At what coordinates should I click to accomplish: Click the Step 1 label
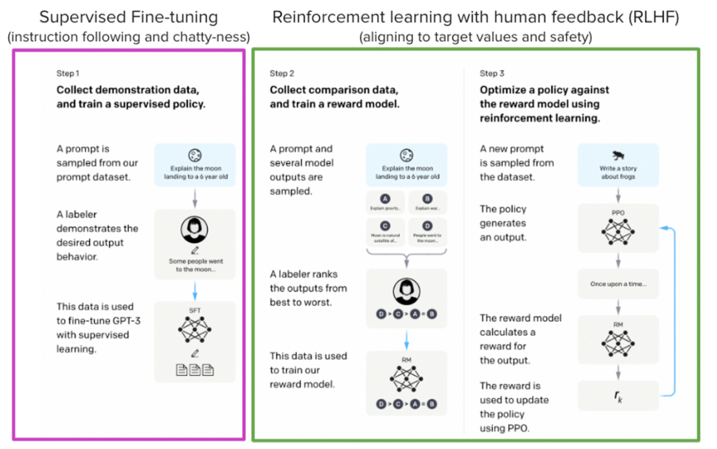point(68,73)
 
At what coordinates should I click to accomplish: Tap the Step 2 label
point(282,73)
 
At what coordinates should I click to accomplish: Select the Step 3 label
point(492,73)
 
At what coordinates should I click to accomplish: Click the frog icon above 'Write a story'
point(618,156)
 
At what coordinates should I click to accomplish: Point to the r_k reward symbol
point(618,397)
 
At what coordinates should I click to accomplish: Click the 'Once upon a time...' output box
point(618,284)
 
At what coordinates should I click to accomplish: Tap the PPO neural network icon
point(618,232)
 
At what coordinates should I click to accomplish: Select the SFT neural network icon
point(195,330)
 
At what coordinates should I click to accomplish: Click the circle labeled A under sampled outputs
point(385,199)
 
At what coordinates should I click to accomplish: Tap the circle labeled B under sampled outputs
point(427,199)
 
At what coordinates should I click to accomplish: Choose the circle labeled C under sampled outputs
point(385,226)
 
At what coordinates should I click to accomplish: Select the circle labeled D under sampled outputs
point(427,226)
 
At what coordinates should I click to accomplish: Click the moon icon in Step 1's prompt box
point(195,155)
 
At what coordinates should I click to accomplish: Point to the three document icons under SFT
point(195,370)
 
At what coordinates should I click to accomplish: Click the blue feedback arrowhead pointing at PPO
point(664,228)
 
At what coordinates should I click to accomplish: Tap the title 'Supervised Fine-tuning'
point(128,17)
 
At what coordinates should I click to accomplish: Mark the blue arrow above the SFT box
point(195,291)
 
